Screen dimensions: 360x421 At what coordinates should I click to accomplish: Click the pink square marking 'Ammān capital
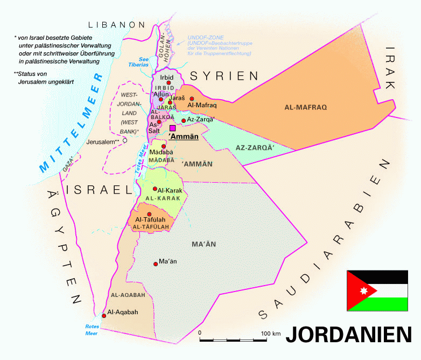pos(173,128)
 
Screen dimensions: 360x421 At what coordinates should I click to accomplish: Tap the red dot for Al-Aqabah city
pos(104,316)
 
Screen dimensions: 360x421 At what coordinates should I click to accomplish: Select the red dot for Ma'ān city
pos(155,264)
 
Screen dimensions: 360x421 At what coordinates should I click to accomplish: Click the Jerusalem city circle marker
pos(125,140)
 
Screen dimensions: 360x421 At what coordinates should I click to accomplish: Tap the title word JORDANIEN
pos(348,334)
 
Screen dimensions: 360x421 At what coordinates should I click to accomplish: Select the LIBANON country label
pos(117,25)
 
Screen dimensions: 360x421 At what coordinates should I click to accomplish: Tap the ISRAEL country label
pos(99,189)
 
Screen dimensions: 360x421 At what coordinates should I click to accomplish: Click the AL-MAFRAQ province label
pos(306,107)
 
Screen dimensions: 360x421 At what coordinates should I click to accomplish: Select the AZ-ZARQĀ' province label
pos(255,147)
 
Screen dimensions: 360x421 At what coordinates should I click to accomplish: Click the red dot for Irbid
pos(169,83)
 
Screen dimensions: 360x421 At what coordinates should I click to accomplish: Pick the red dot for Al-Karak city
pos(155,189)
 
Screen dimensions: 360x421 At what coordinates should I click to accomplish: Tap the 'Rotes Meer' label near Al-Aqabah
pos(93,329)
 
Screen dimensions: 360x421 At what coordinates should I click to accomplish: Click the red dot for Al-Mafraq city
pos(192,99)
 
